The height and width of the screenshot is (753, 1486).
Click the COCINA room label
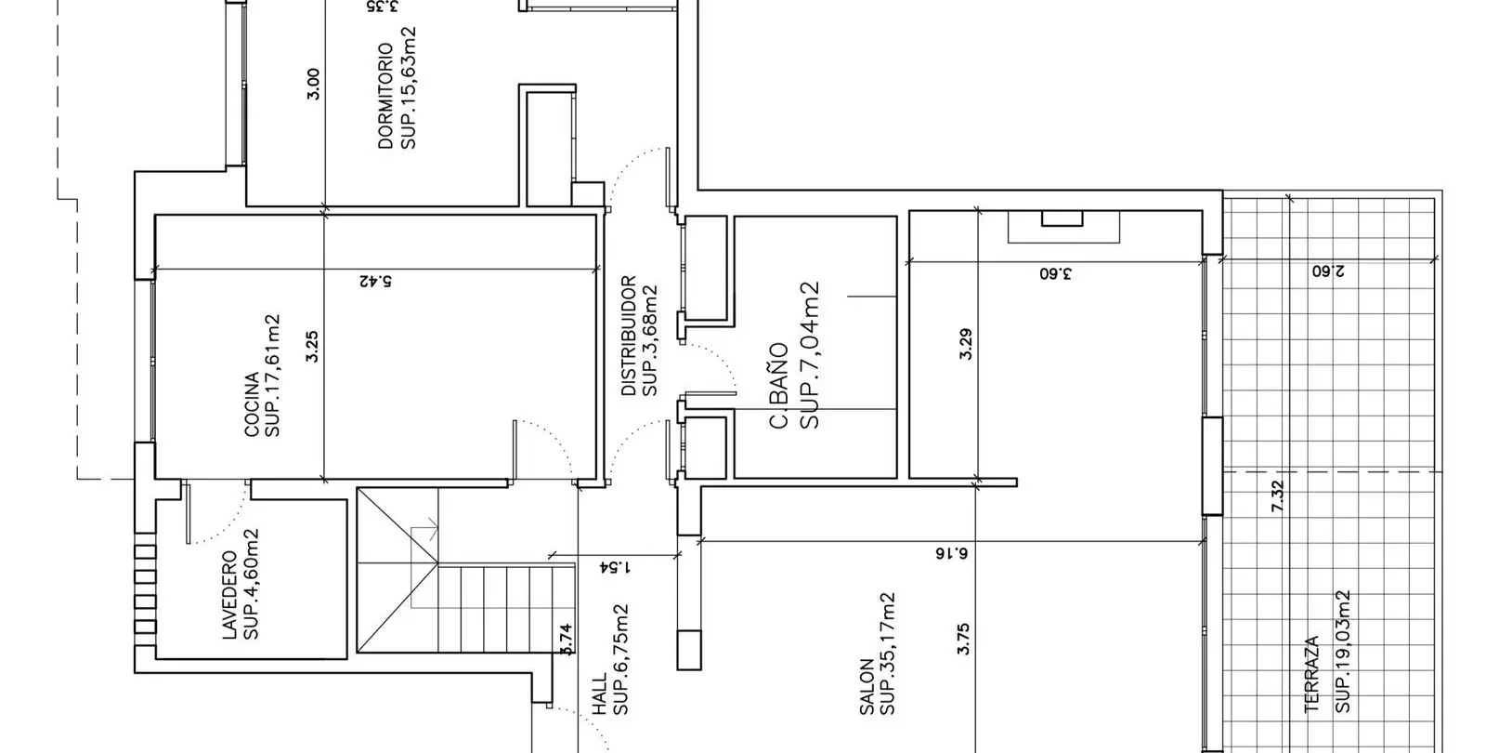[252, 404]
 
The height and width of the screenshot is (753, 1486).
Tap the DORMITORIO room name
[385, 97]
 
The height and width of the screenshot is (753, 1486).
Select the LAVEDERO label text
[229, 595]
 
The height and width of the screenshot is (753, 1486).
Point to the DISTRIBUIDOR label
[629, 336]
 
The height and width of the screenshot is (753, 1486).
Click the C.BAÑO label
[779, 386]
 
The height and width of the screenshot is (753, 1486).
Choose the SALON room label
[867, 687]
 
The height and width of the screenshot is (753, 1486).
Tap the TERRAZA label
[1312, 675]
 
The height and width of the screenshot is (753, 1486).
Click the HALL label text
[600, 694]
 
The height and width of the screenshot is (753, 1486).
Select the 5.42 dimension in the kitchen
[375, 281]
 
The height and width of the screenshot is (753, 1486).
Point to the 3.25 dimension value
[312, 347]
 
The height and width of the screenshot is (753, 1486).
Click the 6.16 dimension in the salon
[951, 553]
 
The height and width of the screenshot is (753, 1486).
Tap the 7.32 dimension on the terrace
[1278, 496]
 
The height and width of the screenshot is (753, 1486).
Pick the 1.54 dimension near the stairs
[615, 568]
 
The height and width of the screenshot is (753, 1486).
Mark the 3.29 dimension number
[966, 344]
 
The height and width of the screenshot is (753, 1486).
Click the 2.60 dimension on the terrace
[1328, 271]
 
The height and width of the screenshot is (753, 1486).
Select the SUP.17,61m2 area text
[273, 376]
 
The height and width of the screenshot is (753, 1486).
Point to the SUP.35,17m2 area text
[888, 654]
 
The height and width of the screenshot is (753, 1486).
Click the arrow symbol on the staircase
[424, 529]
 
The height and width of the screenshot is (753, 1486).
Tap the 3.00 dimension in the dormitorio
[314, 85]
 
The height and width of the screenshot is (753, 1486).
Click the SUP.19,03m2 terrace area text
[1343, 652]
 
